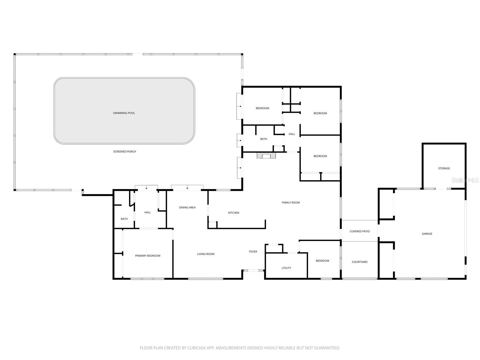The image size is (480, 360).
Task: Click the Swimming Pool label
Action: coord(124,113)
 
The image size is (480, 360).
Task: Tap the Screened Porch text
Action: coord(124,151)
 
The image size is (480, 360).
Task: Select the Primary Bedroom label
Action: coord(148,256)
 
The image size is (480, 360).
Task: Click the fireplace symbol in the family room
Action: coord(266,155)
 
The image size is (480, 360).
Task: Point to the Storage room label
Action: coord(444,168)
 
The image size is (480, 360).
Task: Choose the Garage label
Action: coord(427,234)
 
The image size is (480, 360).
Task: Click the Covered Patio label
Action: coord(360,231)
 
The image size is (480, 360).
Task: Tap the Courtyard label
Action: coord(360,262)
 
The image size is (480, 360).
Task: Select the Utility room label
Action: coord(286,268)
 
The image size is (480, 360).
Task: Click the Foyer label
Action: coord(253,251)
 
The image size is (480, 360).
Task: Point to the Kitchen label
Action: coord(234,213)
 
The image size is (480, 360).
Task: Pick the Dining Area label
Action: coord(187,207)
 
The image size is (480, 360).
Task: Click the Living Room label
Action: coord(206,254)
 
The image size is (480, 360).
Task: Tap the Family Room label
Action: coord(291,202)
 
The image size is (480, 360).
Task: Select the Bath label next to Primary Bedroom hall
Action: coord(124,219)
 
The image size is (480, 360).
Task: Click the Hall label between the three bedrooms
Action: coord(292,134)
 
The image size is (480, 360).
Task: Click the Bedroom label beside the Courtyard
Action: coord(322,261)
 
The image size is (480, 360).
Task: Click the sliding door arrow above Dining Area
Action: coord(187,188)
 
